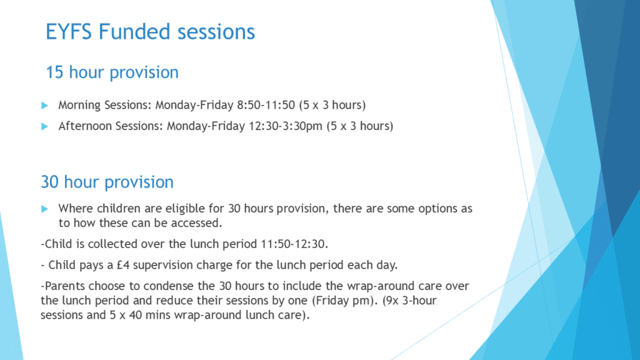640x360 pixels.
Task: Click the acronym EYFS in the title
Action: coord(69,32)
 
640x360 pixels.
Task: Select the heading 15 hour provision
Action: coord(112,72)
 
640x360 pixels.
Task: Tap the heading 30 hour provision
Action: coord(107,182)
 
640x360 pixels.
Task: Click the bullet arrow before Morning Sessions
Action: coord(45,106)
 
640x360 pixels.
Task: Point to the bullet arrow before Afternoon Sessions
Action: coord(45,126)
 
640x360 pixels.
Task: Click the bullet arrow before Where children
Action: coord(45,209)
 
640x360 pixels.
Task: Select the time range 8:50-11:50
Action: coord(266,105)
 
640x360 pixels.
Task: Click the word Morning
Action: coord(79,106)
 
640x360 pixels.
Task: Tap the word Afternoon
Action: coord(85,126)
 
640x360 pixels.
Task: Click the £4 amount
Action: coord(123,265)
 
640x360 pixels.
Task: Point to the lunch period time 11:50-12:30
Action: coord(293,244)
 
